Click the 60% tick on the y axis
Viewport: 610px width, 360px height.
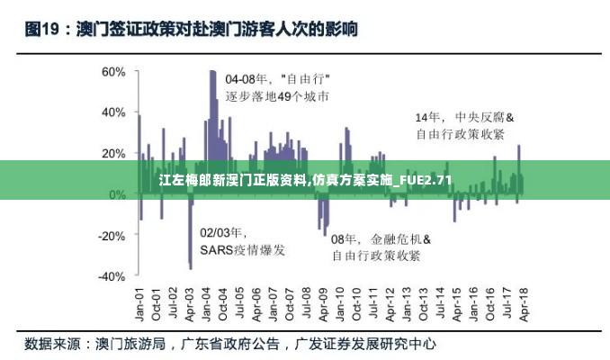click(x=113, y=71)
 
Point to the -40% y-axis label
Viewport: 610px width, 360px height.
click(x=112, y=277)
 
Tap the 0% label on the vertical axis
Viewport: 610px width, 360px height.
click(x=117, y=194)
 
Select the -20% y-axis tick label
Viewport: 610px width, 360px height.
click(x=112, y=236)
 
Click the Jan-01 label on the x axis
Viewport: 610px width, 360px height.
click(x=140, y=304)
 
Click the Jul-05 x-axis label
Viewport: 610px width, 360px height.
click(x=239, y=304)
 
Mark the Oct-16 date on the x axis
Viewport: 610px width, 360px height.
click(x=489, y=304)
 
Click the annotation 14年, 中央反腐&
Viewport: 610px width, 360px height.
click(x=463, y=117)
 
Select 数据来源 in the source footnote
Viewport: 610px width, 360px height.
click(x=54, y=343)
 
